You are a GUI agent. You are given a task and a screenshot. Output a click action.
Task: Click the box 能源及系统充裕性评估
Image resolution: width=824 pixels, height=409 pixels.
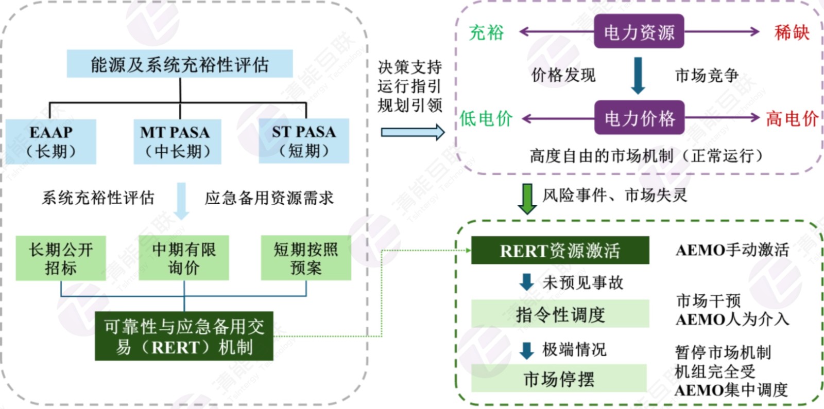(180, 64)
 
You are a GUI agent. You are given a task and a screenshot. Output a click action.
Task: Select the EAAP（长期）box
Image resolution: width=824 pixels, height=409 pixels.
(51, 141)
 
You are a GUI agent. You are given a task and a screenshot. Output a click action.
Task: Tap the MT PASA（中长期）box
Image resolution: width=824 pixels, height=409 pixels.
(177, 141)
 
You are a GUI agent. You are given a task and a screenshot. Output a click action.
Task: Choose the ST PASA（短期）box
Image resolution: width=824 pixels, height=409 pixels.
(304, 141)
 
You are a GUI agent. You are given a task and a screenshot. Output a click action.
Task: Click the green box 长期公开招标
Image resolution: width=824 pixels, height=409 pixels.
(61, 258)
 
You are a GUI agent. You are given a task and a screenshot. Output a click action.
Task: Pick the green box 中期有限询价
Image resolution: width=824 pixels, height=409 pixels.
(184, 258)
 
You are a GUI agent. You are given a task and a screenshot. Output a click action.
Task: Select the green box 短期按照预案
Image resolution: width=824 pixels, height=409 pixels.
(306, 258)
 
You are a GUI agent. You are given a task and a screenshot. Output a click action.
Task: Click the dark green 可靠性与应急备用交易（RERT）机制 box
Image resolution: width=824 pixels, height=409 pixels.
(184, 336)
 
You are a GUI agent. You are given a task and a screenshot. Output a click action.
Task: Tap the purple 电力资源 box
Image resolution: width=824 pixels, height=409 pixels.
(639, 32)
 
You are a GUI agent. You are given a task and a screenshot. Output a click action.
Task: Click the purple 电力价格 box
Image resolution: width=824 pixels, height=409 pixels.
(639, 118)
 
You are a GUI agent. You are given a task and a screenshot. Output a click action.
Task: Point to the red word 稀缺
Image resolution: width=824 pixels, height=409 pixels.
(792, 32)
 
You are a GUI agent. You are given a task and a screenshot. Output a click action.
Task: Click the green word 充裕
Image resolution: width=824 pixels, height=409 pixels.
(486, 32)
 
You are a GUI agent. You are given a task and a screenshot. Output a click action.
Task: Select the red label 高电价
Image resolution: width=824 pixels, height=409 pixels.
(792, 119)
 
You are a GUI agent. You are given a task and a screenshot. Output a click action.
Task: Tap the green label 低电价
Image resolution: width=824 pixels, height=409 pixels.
(486, 119)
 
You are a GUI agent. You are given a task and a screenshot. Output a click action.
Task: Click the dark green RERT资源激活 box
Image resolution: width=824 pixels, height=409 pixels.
(560, 251)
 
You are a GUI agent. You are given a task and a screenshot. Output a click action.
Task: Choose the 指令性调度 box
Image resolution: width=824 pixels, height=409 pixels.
(560, 314)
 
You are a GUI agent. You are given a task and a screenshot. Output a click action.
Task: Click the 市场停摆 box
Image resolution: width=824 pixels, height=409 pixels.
(559, 379)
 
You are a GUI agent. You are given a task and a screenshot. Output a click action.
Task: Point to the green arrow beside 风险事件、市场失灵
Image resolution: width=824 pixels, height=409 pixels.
(527, 198)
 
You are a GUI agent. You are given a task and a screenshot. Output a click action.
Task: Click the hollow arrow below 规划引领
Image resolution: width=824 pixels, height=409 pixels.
(413, 132)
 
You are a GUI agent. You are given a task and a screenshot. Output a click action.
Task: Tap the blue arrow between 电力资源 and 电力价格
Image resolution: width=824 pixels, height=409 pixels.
(638, 75)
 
